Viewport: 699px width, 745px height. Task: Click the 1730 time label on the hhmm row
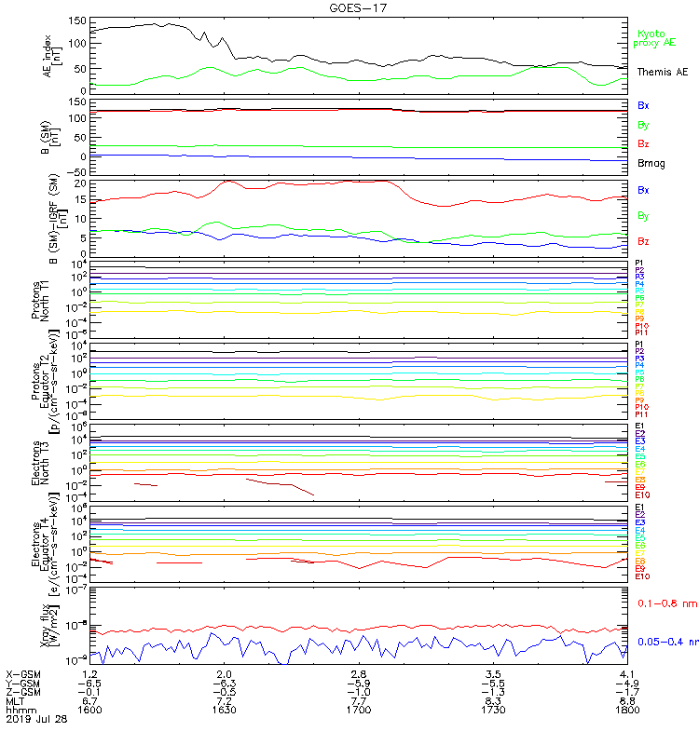(494, 709)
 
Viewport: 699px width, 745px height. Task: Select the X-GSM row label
(23, 672)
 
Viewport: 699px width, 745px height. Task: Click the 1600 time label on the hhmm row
(89, 709)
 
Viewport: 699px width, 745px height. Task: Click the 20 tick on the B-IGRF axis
(80, 184)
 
